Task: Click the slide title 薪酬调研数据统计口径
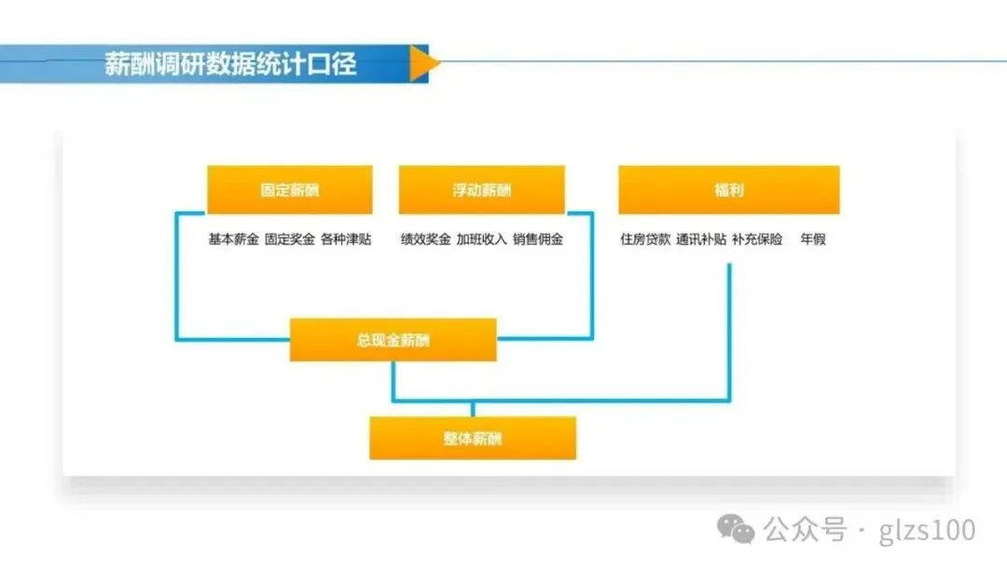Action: [x=230, y=65]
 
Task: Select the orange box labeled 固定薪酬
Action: [x=289, y=190]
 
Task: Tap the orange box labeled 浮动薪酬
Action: [x=481, y=190]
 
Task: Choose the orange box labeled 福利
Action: [x=729, y=190]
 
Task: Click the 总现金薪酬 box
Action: [x=393, y=340]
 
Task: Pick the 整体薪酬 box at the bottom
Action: [x=473, y=438]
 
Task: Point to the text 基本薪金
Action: [x=233, y=239]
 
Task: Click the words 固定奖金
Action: [x=289, y=239]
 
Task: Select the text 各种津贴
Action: [x=345, y=239]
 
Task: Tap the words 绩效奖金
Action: [x=426, y=239]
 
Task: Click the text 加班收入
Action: [x=482, y=239]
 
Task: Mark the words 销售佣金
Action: [x=538, y=239]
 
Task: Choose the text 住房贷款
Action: [x=645, y=239]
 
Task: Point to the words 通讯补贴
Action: [x=701, y=239]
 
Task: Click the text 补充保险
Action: [x=757, y=239]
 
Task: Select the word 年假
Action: [x=812, y=239]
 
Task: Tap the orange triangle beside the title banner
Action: [x=423, y=63]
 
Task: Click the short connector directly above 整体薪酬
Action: [x=473, y=409]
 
